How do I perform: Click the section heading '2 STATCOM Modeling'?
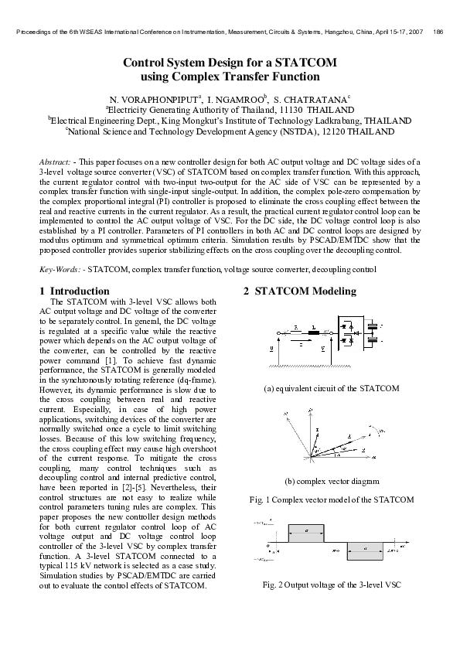300,291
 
